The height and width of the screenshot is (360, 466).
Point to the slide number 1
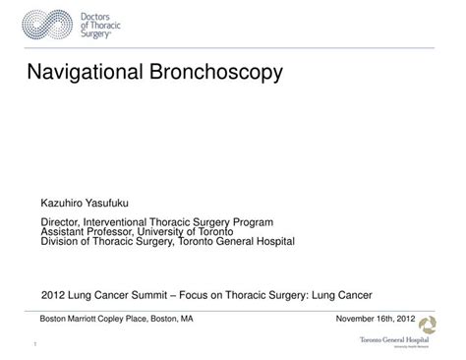point(35,344)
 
